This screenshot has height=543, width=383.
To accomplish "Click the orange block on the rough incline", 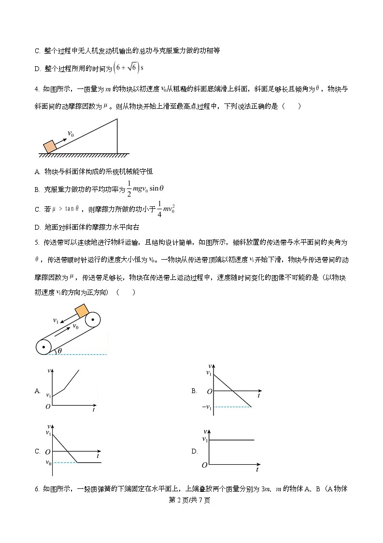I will [x=49, y=147].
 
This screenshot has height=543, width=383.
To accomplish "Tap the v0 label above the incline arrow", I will [x=71, y=134].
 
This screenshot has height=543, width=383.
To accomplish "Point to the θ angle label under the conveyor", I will [x=60, y=351].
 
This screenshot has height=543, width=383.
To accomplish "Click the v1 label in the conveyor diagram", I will [x=56, y=320].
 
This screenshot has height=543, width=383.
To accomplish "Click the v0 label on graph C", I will [x=48, y=463].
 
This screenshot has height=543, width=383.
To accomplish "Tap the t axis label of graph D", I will [x=257, y=470].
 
